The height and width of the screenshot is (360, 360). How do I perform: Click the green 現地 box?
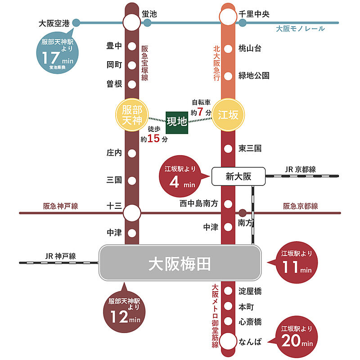pos(177,122)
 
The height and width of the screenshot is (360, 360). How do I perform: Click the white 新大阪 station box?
pos(238,177)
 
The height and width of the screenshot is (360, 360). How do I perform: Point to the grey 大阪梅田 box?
pos(180,264)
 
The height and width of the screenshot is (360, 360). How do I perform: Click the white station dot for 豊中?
pos(132,46)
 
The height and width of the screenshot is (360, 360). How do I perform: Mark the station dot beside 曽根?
pos(132,84)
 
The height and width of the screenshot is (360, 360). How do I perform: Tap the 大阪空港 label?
pos(54,22)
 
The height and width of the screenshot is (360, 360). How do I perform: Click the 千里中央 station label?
pos(254,14)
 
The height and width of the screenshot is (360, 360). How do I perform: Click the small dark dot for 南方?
pos(243,212)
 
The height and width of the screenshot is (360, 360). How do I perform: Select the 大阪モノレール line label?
pos(300,29)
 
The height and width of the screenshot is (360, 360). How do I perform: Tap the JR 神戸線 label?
pos(60,256)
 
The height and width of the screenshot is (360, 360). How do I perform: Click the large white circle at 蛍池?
pos(132,22)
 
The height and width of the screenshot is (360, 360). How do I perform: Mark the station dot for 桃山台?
pos(228,49)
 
